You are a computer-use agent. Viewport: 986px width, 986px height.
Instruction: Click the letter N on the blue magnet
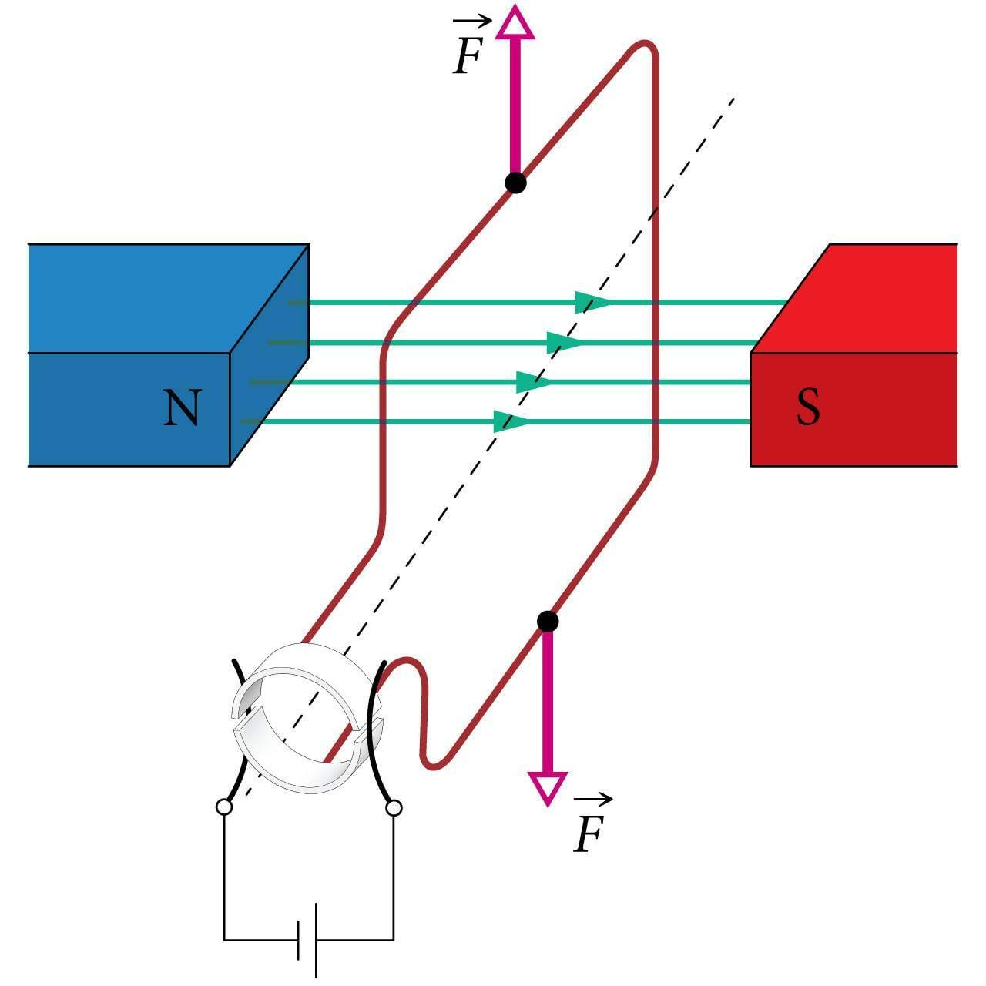[x=182, y=408]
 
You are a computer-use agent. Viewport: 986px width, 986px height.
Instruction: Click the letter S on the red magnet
[x=808, y=408]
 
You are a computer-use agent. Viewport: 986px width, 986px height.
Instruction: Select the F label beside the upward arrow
[x=467, y=55]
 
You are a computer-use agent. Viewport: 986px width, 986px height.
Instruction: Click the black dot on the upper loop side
[x=515, y=183]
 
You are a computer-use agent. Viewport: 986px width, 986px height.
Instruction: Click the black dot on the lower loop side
[x=547, y=621]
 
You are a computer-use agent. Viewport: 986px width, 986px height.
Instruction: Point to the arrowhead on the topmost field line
[x=592, y=303]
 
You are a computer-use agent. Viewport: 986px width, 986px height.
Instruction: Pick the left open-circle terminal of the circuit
[x=223, y=807]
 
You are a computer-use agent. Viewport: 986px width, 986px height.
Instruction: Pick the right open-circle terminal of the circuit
[x=394, y=807]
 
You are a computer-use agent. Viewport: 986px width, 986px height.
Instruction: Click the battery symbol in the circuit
[x=308, y=940]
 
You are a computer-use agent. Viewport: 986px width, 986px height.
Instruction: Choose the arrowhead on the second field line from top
[x=563, y=342]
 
